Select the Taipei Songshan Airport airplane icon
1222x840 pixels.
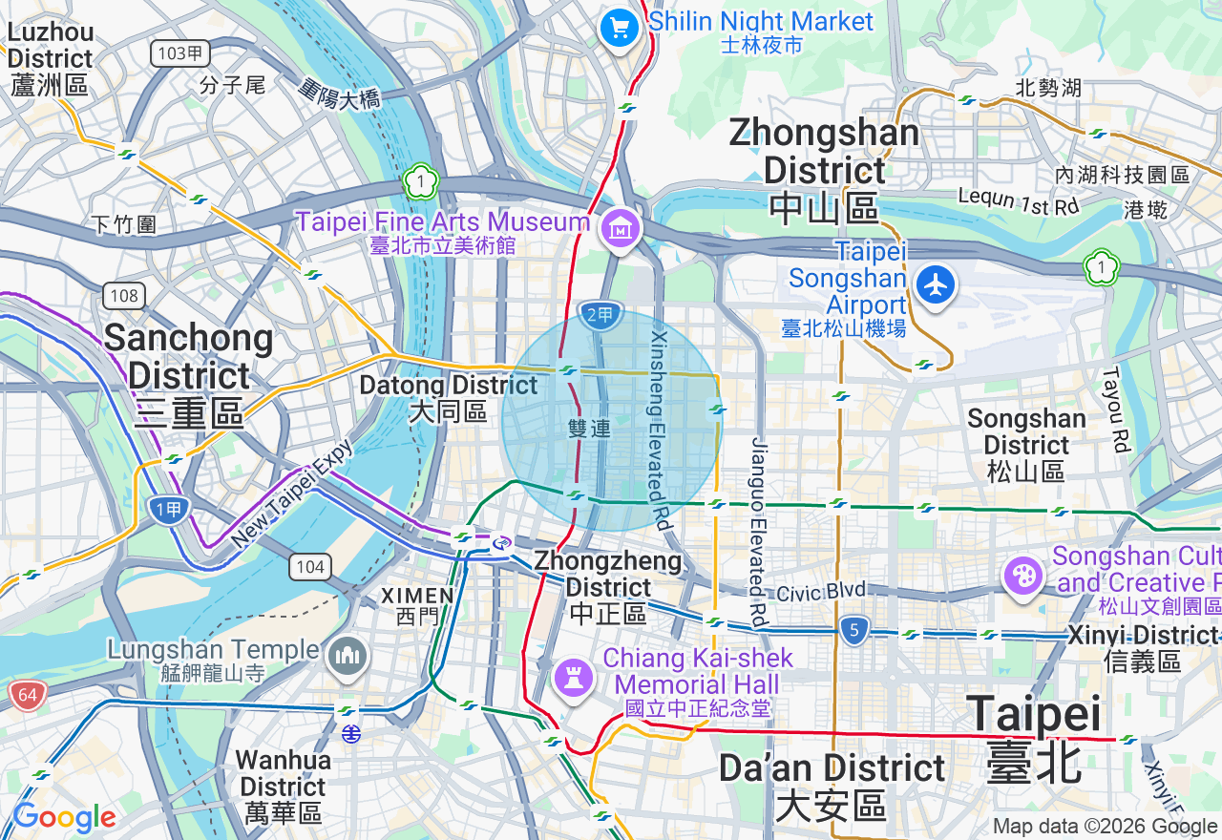pyautogui.click(x=935, y=284)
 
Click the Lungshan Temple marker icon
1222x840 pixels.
pyautogui.click(x=347, y=655)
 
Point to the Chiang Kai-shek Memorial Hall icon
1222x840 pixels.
pyautogui.click(x=575, y=678)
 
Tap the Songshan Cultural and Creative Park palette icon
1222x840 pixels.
pyautogui.click(x=1022, y=576)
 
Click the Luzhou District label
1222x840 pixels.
pyautogui.click(x=50, y=58)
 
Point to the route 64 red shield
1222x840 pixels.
pyautogui.click(x=27, y=695)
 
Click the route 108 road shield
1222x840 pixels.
pyautogui.click(x=124, y=295)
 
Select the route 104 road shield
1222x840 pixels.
pyautogui.click(x=310, y=567)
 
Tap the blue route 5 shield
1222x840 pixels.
pyautogui.click(x=854, y=629)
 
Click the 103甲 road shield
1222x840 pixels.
pyautogui.click(x=180, y=53)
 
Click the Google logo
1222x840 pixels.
pyautogui.click(x=64, y=818)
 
